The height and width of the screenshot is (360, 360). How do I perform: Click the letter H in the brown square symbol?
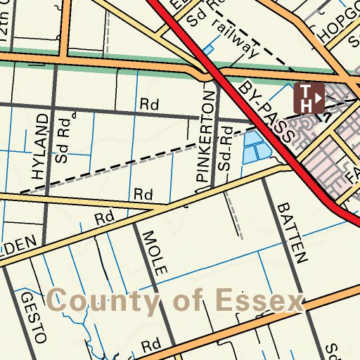(x=307, y=104)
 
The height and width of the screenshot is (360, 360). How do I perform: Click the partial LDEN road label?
(x=17, y=245)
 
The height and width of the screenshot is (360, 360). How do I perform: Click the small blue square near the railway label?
(x=208, y=49)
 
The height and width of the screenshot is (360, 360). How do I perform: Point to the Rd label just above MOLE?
(x=105, y=218)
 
